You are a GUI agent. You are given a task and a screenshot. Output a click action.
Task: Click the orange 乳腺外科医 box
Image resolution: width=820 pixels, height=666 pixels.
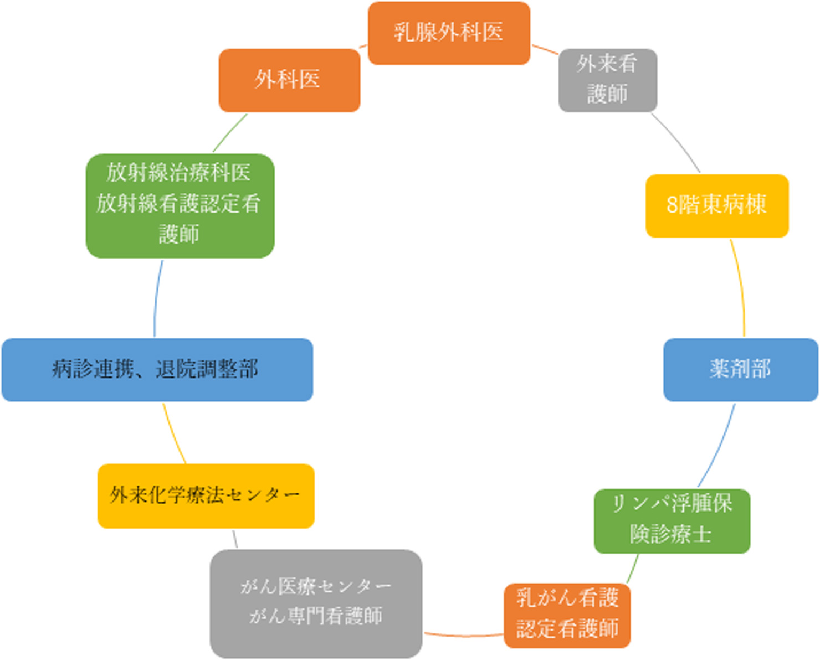[x=449, y=33]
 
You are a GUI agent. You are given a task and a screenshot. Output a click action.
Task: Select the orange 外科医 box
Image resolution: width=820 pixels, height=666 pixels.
[x=289, y=80]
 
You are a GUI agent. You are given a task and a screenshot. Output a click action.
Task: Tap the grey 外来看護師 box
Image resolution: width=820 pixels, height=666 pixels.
[x=607, y=80]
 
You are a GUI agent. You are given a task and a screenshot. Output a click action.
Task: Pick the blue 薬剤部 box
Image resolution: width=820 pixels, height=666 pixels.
[x=740, y=369]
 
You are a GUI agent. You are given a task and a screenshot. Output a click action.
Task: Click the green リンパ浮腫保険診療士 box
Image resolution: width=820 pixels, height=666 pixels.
[x=672, y=520]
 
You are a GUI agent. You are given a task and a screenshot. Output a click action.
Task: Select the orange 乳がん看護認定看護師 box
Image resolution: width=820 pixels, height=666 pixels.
[x=567, y=615]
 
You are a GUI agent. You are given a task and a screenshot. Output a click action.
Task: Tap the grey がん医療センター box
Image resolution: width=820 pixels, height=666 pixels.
[x=316, y=603]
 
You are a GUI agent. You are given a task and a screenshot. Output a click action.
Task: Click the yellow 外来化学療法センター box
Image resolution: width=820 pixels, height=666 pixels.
[x=206, y=495]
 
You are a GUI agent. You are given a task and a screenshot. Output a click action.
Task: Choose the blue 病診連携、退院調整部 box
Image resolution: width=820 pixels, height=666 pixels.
[x=157, y=369]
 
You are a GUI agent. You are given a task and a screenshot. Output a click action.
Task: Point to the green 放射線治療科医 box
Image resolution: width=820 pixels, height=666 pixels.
[x=180, y=205]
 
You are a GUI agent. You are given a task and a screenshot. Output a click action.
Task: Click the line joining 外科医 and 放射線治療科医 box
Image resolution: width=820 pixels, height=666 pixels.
[x=230, y=133]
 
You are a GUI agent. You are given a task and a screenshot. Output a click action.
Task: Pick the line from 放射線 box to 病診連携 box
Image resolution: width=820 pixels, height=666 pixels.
[x=157, y=299]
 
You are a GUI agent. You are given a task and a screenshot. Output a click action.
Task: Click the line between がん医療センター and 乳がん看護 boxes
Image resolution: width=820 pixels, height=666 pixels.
[x=463, y=636]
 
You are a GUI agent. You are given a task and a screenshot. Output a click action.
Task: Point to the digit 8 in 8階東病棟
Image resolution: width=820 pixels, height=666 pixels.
[x=672, y=205]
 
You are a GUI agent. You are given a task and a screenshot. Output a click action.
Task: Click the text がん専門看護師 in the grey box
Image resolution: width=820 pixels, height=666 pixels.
[x=316, y=616]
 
